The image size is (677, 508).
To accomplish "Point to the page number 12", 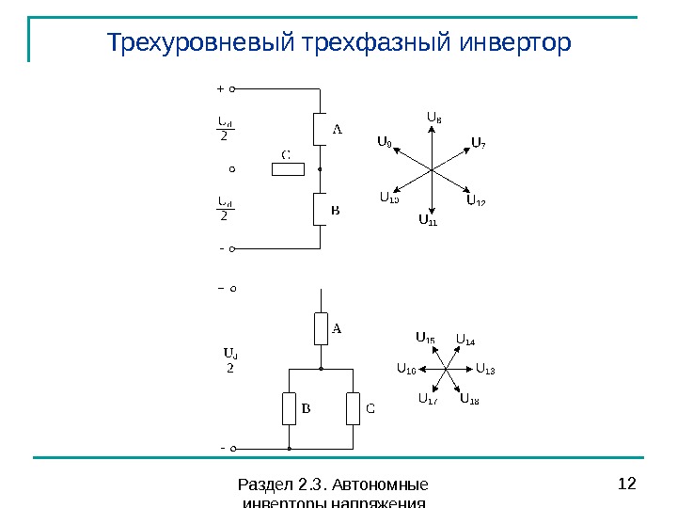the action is tap(627, 484).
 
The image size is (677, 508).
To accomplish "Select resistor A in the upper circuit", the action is tap(320, 129).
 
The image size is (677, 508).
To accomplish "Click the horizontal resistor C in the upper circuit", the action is tap(288, 169).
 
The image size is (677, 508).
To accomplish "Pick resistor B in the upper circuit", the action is tap(320, 210).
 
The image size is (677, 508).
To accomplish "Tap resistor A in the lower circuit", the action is tap(321, 329).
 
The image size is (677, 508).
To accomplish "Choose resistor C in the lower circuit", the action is tap(353, 408).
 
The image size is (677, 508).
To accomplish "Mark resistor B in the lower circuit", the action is tap(289, 408).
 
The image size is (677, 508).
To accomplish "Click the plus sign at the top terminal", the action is tap(220, 89).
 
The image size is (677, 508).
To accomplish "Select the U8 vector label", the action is tap(434, 118).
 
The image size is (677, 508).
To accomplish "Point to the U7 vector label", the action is tap(478, 143).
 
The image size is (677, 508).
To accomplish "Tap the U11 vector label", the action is tap(428, 222).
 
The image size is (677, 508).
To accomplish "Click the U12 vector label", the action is tap(476, 201).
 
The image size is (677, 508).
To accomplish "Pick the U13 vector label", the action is tap(485, 369).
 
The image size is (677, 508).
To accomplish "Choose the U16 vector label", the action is tap(405, 369).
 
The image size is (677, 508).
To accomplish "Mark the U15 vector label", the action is tap(425, 338).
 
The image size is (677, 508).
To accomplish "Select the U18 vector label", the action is tap(469, 400).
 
